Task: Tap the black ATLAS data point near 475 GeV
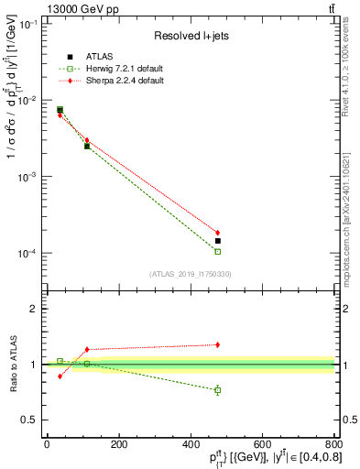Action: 217,241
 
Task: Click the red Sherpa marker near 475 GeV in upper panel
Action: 217,233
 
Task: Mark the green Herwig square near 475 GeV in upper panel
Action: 217,251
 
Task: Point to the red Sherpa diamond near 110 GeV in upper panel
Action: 87,140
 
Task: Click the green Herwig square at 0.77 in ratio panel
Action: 217,390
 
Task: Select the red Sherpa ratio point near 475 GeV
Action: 217,344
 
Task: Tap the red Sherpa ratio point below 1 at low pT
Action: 60,376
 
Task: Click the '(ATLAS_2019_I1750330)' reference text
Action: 190,274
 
